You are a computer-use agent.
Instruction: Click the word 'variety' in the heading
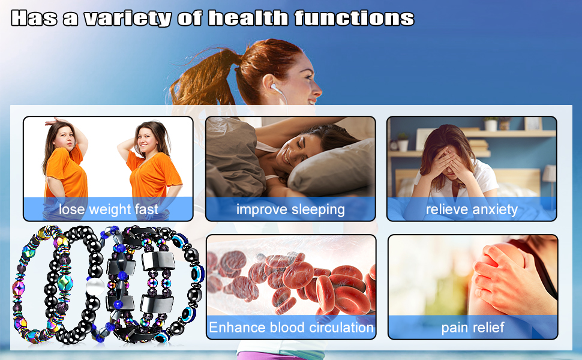pos(128,19)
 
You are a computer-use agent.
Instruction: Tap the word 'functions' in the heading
pos(354,18)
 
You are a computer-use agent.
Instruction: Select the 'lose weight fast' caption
pos(109,209)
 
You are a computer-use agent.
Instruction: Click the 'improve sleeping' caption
pos(290,209)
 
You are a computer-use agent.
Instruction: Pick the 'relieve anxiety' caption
pos(472,209)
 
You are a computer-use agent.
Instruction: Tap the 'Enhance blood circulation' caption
pos(292,328)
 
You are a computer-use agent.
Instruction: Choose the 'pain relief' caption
pos(473,328)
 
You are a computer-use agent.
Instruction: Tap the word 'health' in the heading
pos(248,18)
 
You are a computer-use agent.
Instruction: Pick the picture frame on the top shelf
pos(533,123)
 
